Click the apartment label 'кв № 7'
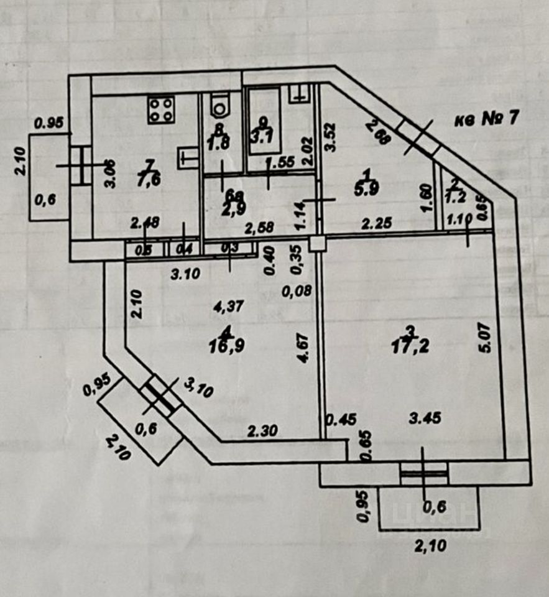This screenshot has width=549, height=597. coord(486,118)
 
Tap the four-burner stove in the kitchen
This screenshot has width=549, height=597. coord(160,110)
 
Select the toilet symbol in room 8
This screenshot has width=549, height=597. coord(219,106)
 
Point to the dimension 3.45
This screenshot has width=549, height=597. coord(426,419)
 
